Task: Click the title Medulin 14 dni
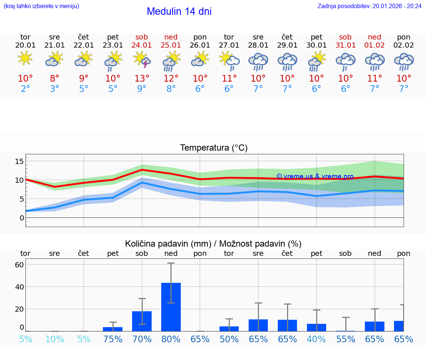(179, 11)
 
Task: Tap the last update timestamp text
(369, 6)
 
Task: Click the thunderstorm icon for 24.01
(142, 60)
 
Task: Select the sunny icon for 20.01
(25, 58)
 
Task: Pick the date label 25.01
(171, 45)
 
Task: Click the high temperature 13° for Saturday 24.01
(142, 79)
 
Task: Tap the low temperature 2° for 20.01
(25, 89)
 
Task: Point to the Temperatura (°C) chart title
(214, 148)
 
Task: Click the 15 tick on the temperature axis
(19, 161)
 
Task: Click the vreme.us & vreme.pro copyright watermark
(315, 177)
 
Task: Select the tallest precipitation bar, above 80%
(171, 307)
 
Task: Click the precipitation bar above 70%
(142, 321)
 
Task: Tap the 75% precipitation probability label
(113, 339)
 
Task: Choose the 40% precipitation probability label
(317, 339)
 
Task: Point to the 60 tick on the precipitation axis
(19, 265)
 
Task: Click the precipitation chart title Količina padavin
(213, 244)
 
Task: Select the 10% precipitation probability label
(55, 339)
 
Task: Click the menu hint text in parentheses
(41, 6)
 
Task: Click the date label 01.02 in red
(374, 45)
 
